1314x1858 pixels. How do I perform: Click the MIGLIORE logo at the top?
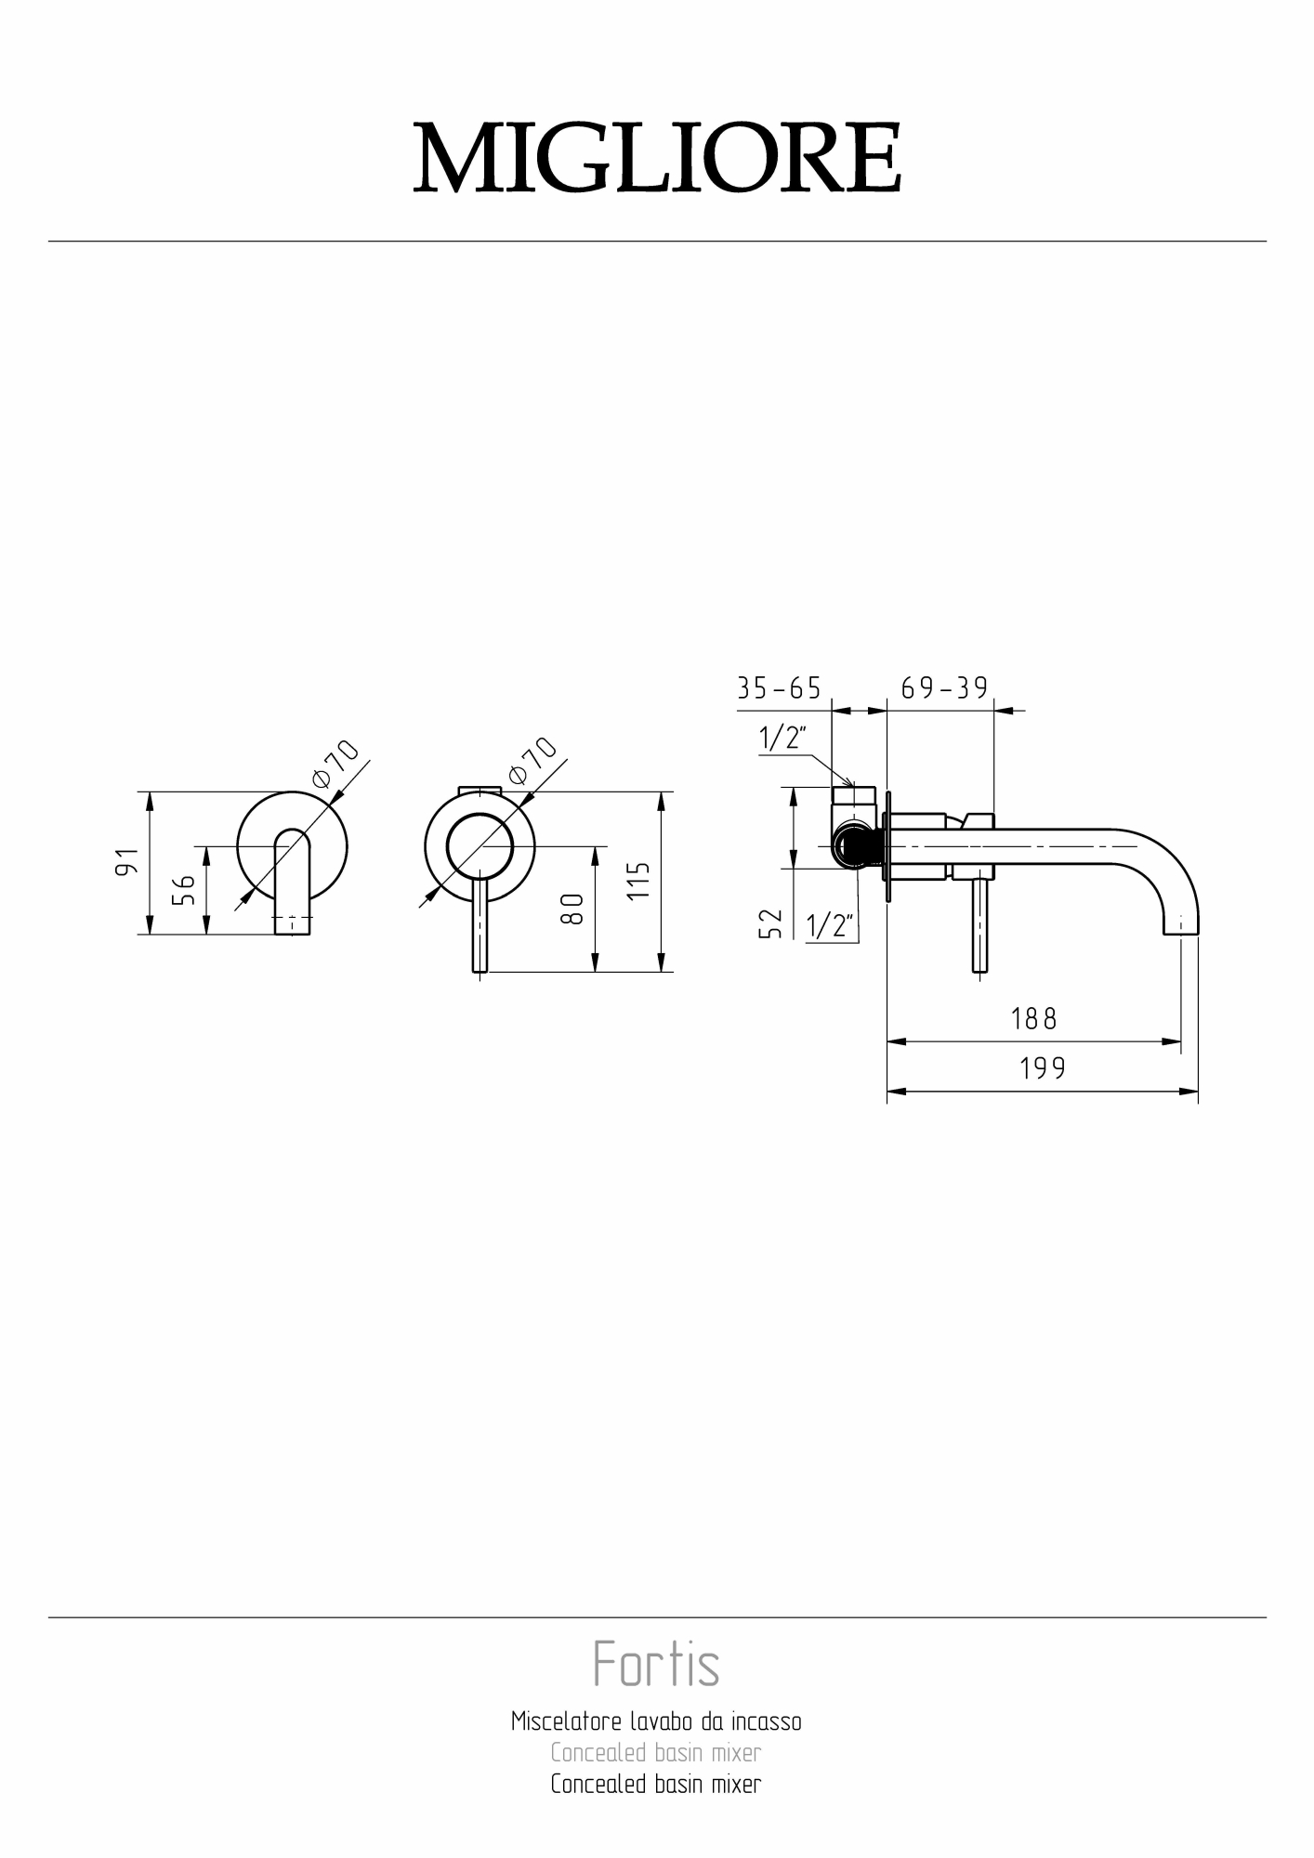pos(657,158)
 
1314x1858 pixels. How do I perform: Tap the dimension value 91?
pos(127,862)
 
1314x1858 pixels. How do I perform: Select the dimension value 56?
pos(184,890)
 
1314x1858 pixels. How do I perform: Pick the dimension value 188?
pos(1033,1019)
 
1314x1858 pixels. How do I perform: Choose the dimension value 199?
pos(1043,1068)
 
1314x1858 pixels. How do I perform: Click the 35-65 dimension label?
pos(779,688)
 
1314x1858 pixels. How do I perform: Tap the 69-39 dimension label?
pos(944,687)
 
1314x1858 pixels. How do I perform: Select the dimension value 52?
pos(771,924)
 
